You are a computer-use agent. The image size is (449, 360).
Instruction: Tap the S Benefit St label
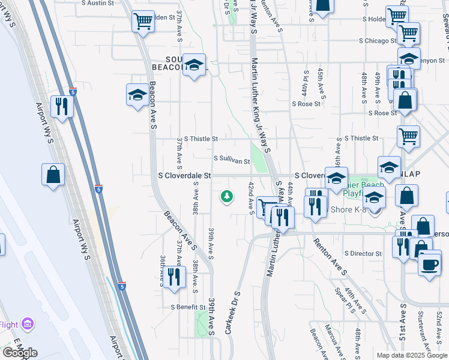[188, 307]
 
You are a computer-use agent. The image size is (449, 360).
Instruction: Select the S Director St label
[363, 254]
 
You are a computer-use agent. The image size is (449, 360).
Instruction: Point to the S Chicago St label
[378, 41]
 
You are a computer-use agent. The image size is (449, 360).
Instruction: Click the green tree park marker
[227, 196]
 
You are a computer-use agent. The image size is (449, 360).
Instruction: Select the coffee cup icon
[429, 265]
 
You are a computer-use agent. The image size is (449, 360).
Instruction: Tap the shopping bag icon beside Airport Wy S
[53, 175]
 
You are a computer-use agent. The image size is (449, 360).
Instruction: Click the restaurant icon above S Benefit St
[173, 276]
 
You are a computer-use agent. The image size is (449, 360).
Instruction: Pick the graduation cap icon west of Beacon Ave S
[137, 95]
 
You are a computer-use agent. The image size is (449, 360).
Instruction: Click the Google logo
[20, 353]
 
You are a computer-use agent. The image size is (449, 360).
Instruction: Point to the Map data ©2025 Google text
[411, 355]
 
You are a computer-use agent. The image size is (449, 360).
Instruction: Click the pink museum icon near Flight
[26, 325]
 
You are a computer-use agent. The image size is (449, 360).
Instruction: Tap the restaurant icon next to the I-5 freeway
[62, 106]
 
